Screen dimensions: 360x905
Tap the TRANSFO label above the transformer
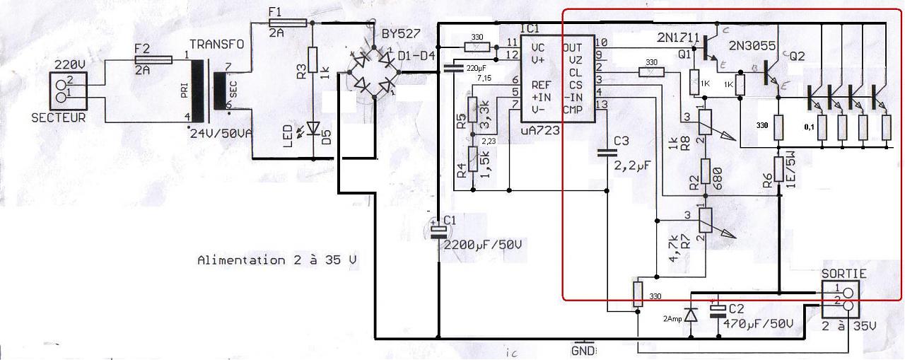point(219,44)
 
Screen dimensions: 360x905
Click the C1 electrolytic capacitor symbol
point(439,229)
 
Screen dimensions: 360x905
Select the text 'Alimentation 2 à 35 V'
point(276,260)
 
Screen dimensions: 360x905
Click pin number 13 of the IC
point(601,105)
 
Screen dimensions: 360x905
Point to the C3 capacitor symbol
point(607,152)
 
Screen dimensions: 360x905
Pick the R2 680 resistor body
point(705,172)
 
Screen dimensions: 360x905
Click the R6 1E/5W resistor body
point(778,170)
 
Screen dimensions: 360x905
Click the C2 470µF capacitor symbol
point(718,310)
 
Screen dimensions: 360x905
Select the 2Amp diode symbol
point(691,313)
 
